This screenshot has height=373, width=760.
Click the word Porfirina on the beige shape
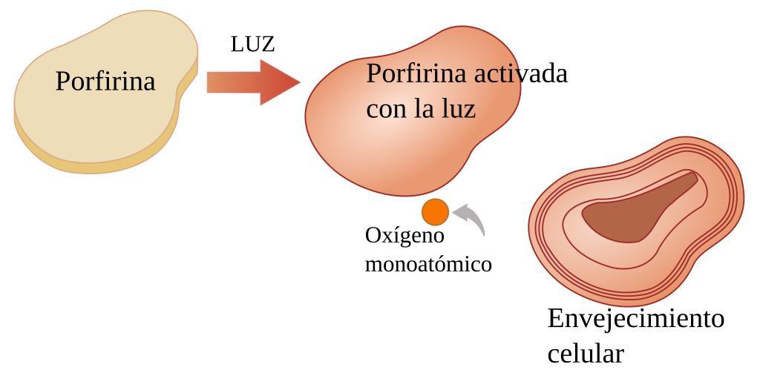pos(105,81)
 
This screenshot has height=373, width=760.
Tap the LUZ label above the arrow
pos(252,44)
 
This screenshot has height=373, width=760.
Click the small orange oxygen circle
pos(436,212)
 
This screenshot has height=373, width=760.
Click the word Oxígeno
pos(404,236)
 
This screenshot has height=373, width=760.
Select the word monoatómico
pos(428,264)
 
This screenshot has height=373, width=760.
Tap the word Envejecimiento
pos(635,319)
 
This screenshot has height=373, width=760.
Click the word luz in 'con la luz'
pos(458,110)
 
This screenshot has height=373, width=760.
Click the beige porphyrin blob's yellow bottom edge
pos(89,166)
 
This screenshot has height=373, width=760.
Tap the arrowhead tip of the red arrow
pos(298,82)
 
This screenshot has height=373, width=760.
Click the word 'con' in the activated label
pos(384,110)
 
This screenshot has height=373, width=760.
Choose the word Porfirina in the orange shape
pos(416,73)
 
